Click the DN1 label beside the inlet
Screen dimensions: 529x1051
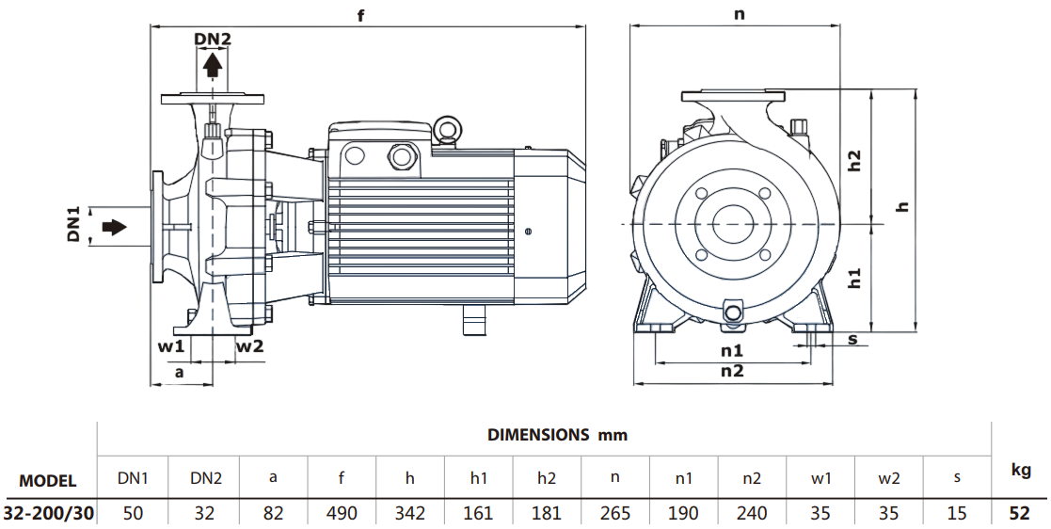(x=74, y=224)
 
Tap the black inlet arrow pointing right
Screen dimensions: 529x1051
(x=113, y=227)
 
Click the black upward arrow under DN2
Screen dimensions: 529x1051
(x=213, y=65)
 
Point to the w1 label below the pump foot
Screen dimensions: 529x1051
(x=170, y=345)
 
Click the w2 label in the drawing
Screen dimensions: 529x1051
(x=249, y=345)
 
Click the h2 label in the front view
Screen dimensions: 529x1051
(x=854, y=160)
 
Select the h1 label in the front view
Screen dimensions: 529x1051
(x=854, y=278)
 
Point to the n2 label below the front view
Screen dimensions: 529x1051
(x=732, y=371)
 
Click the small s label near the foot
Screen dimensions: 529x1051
(x=852, y=339)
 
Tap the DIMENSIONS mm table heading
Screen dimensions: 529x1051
(x=557, y=435)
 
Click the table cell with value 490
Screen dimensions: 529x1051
(x=341, y=513)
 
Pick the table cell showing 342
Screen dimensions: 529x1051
(x=409, y=513)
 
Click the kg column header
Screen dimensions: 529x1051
(x=1021, y=471)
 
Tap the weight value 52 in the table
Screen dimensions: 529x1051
(x=1021, y=513)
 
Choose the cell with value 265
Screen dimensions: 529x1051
(x=614, y=513)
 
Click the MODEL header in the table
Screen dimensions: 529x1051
(x=48, y=480)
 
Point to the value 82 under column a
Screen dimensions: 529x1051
(x=273, y=513)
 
